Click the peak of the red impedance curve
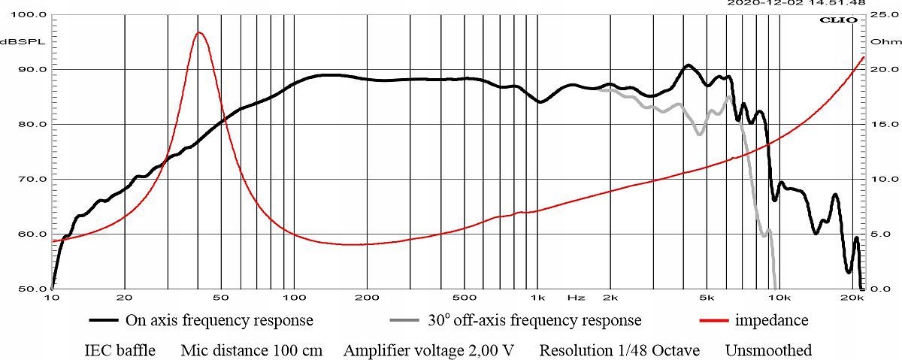point(199,32)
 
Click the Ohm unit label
point(879,41)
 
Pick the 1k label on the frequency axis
point(537,298)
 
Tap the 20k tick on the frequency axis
point(852,298)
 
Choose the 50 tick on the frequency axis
point(221,298)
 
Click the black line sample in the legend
point(104,321)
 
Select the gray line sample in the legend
point(407,321)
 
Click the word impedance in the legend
point(771,321)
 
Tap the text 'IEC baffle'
point(120,350)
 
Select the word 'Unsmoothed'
point(768,350)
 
